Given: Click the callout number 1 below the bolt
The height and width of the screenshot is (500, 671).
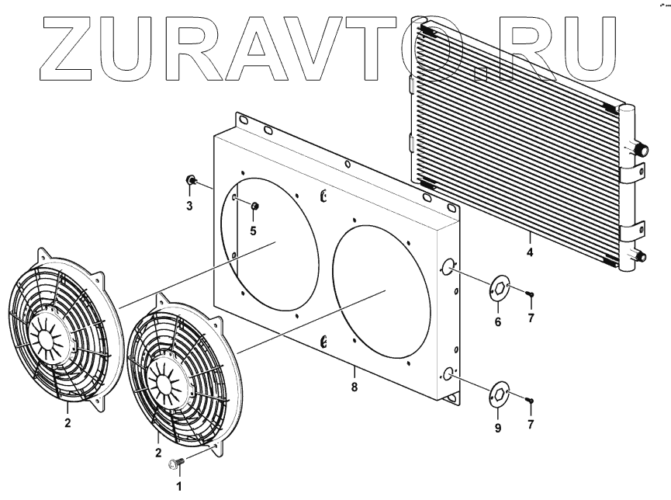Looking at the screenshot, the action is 179,486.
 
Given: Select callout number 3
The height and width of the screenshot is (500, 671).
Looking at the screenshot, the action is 189,206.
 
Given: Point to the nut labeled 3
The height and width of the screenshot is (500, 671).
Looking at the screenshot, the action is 190,180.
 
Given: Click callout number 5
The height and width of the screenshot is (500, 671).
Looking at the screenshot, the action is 254,231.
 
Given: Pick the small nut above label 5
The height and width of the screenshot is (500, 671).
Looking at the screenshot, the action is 254,206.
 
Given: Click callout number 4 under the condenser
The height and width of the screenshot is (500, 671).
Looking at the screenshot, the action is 530,252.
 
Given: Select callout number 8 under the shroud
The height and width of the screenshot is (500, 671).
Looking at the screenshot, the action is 354,387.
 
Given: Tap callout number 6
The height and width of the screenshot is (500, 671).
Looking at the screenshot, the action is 498,321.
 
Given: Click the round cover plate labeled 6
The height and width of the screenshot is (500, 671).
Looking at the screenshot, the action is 499,289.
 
